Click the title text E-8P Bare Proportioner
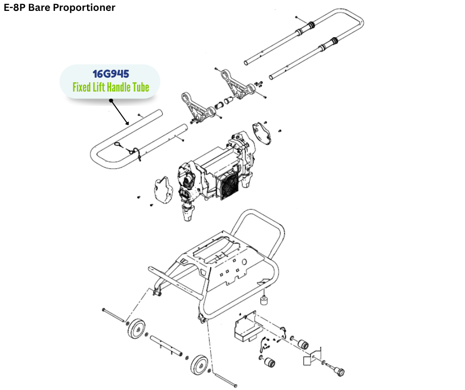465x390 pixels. (59, 8)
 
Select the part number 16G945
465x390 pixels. (111, 74)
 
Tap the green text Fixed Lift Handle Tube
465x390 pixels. (110, 88)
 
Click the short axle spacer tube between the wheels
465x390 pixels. (165, 345)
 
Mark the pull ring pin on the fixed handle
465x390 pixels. (119, 145)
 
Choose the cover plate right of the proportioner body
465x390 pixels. (262, 134)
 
